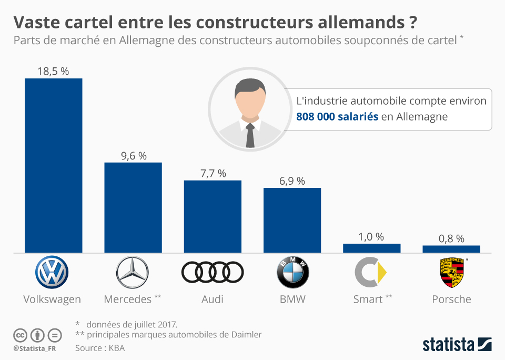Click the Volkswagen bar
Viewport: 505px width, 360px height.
click(x=54, y=165)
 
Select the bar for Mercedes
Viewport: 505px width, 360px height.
click(x=133, y=207)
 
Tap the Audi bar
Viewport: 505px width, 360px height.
click(x=213, y=216)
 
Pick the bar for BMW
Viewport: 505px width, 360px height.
click(x=292, y=220)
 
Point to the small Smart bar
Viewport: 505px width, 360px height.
click(x=371, y=248)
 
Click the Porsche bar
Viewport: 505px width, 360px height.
click(x=451, y=249)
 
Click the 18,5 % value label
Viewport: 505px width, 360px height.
click(x=53, y=71)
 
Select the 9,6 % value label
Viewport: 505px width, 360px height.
click(x=133, y=155)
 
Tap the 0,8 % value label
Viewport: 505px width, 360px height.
click(x=451, y=238)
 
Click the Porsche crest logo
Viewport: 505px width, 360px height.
click(x=451, y=273)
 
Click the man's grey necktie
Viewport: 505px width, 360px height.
click(x=250, y=135)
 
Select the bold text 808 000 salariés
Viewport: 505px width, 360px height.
click(x=337, y=117)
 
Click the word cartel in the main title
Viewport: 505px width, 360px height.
click(x=103, y=23)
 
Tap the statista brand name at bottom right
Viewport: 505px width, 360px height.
click(x=448, y=345)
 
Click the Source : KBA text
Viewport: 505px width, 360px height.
click(x=99, y=348)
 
